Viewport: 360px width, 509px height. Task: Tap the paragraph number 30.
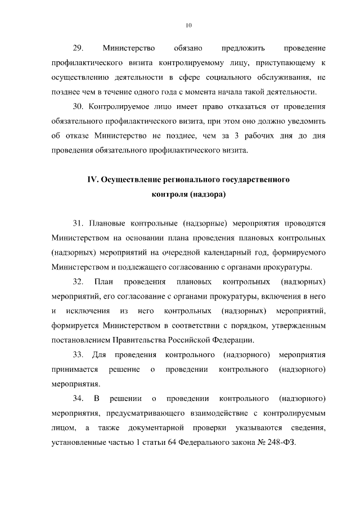click(78, 106)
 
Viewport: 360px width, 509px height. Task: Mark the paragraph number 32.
click(78, 281)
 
